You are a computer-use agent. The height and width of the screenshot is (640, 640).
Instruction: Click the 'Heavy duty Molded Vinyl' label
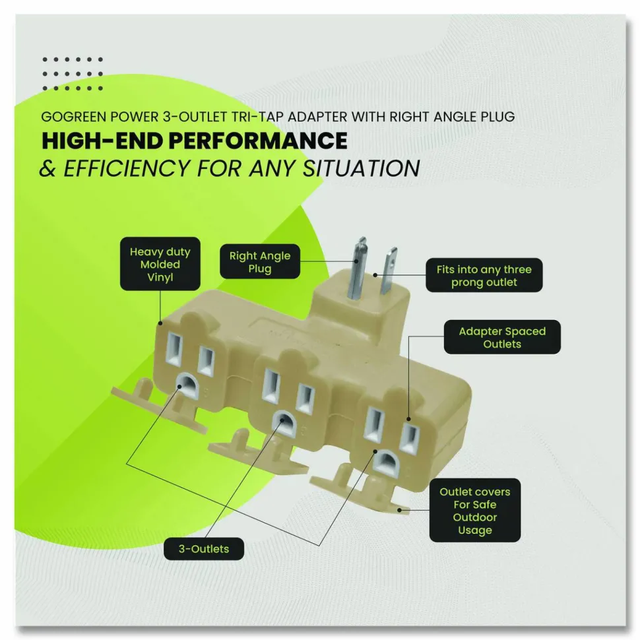160,264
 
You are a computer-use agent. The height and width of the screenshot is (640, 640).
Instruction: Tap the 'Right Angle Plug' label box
260,262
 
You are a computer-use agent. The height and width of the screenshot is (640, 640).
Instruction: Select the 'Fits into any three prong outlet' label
484,275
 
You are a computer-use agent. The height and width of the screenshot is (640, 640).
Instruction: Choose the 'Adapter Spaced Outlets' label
502,337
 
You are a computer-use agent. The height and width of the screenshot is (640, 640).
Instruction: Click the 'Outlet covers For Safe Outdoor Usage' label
474,510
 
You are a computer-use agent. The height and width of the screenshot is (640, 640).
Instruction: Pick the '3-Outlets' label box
204,548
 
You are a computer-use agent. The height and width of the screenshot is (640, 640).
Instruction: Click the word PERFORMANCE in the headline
258,141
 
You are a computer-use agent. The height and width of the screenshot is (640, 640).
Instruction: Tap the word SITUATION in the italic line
361,168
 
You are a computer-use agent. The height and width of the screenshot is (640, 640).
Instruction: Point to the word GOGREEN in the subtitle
74,117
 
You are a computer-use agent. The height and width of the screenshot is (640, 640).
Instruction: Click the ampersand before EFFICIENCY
48,168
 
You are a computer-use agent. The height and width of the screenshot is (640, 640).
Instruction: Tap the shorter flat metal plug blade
388,271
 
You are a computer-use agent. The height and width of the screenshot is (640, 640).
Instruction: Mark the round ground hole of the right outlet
386,461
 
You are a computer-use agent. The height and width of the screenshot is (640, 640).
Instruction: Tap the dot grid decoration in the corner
73,74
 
